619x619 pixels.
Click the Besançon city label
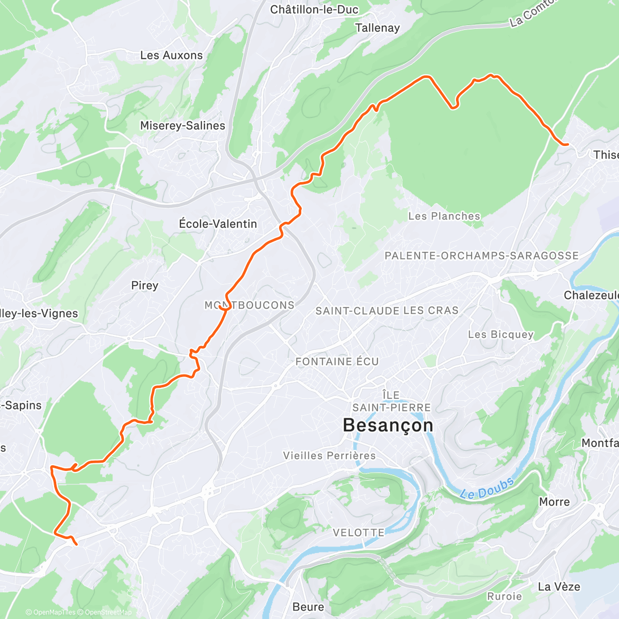click(388, 426)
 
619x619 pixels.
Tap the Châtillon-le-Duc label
click(314, 9)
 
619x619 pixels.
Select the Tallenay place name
click(377, 28)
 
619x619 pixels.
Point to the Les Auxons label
click(171, 55)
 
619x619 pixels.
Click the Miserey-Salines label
click(183, 125)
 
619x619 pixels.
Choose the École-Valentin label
click(218, 224)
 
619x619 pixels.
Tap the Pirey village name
click(144, 285)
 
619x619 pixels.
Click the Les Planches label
click(444, 216)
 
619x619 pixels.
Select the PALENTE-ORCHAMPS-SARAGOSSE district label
click(482, 256)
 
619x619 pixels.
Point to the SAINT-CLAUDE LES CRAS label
click(387, 311)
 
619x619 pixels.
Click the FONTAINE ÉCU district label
click(337, 362)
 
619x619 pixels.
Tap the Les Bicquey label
click(500, 334)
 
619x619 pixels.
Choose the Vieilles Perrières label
click(329, 455)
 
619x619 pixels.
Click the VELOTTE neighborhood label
click(358, 532)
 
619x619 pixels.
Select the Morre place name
click(554, 502)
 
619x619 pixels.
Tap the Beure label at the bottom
click(308, 607)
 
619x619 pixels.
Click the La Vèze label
click(559, 587)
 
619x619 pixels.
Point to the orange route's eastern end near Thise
click(567, 145)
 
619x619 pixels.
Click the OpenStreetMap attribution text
click(108, 612)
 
